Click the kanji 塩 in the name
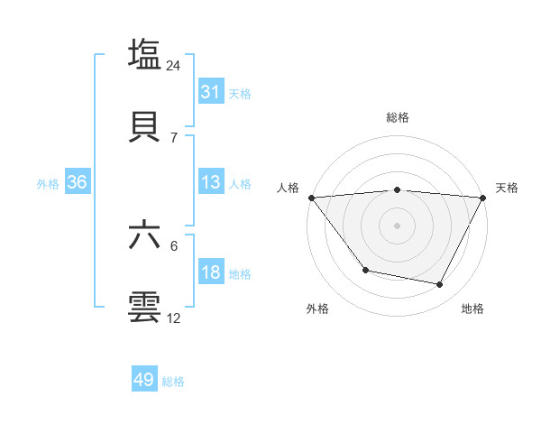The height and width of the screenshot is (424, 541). pos(145,53)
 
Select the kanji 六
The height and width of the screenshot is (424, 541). pos(145,235)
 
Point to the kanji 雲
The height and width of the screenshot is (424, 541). pos(145,306)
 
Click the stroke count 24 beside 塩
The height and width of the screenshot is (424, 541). pos(174,66)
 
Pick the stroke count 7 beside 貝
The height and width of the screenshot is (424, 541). pos(174,137)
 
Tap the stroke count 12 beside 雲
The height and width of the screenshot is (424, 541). pos(174,318)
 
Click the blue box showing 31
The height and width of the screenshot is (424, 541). pos(211,92)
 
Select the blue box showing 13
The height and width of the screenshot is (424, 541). pos(211,182)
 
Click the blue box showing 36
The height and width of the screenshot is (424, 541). pos(78,182)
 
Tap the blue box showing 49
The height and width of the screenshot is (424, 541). pos(144,380)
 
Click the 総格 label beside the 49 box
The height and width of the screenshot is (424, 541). pos(174,382)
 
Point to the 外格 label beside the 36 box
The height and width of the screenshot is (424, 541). pos(48,183)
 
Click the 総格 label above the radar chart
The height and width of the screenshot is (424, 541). pos(398,117)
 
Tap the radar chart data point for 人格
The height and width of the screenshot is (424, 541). pos(311,198)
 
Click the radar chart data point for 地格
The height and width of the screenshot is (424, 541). pos(440,284)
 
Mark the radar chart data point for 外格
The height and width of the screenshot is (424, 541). pos(365,270)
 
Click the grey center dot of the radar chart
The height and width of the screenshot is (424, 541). pos(398,226)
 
